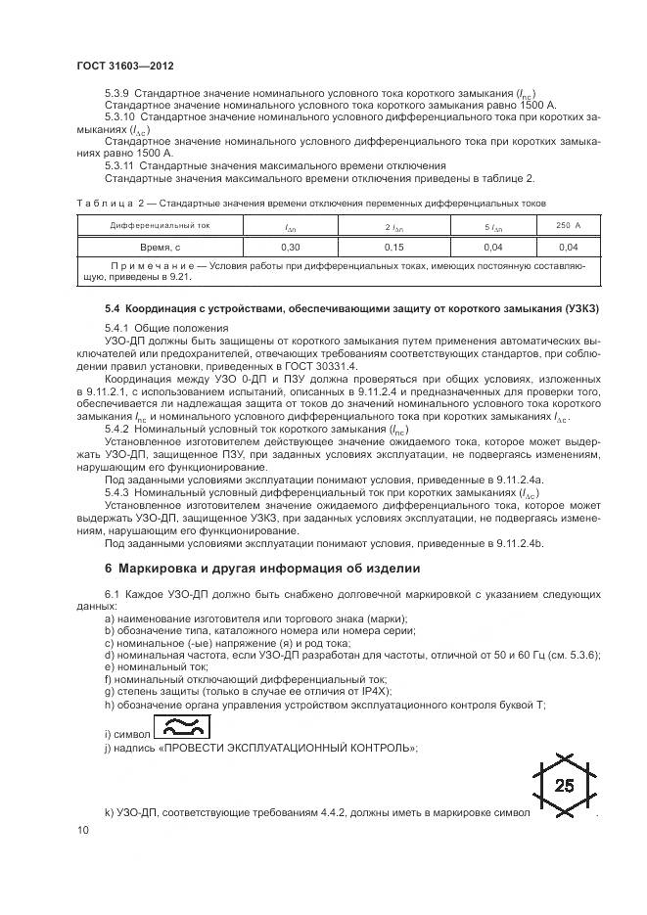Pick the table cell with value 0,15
(x=394, y=247)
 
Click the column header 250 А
(x=568, y=226)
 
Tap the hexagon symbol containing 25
(x=565, y=785)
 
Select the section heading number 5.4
(x=114, y=308)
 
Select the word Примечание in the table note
(x=151, y=266)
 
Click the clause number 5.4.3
(x=117, y=494)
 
